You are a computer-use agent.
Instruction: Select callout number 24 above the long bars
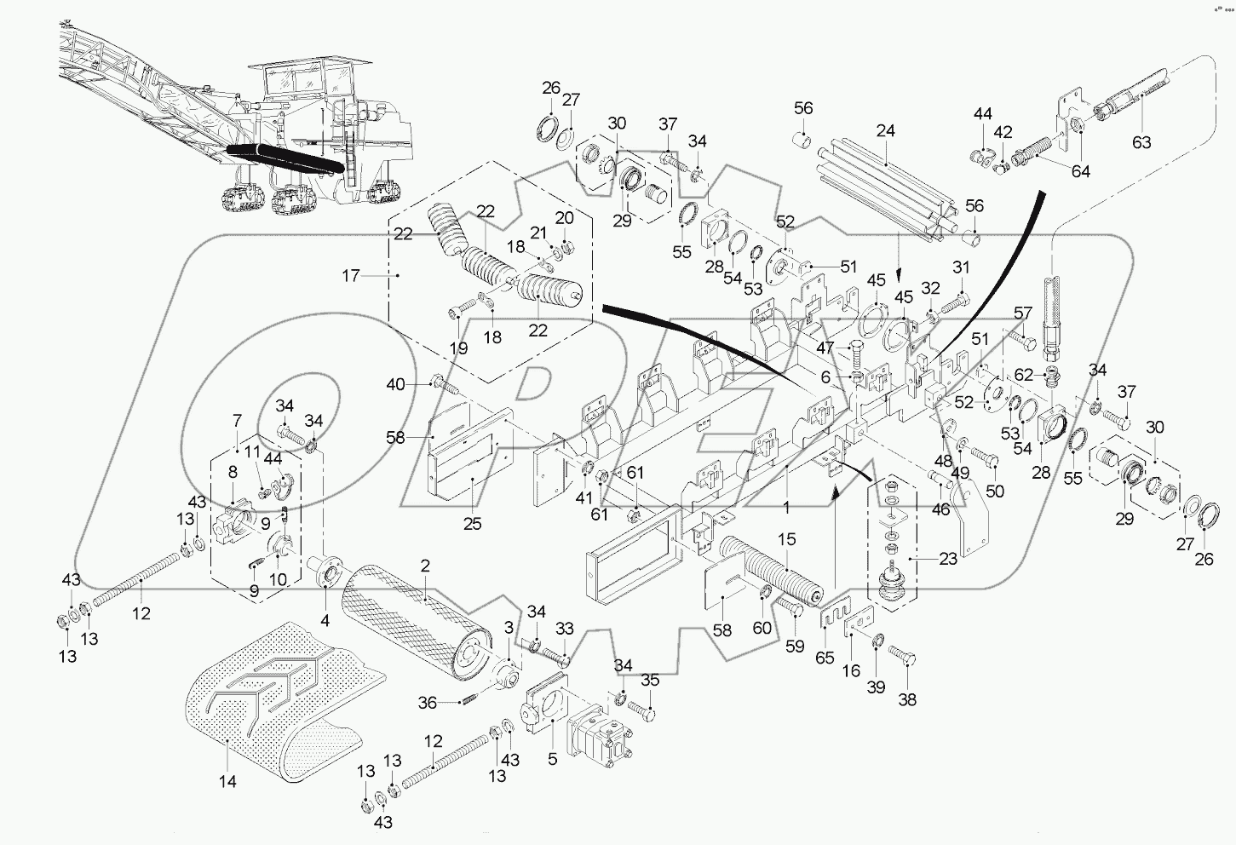[885, 132]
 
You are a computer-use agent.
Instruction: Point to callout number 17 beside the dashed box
[352, 275]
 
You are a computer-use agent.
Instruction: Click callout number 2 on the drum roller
[424, 566]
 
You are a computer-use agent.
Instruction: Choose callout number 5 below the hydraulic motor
[553, 757]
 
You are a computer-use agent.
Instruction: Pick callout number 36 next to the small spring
[427, 702]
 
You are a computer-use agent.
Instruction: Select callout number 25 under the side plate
[472, 524]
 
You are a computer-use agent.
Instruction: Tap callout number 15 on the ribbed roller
[786, 539]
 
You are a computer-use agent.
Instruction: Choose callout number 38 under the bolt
[907, 700]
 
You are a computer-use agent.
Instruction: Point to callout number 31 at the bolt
[961, 267]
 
